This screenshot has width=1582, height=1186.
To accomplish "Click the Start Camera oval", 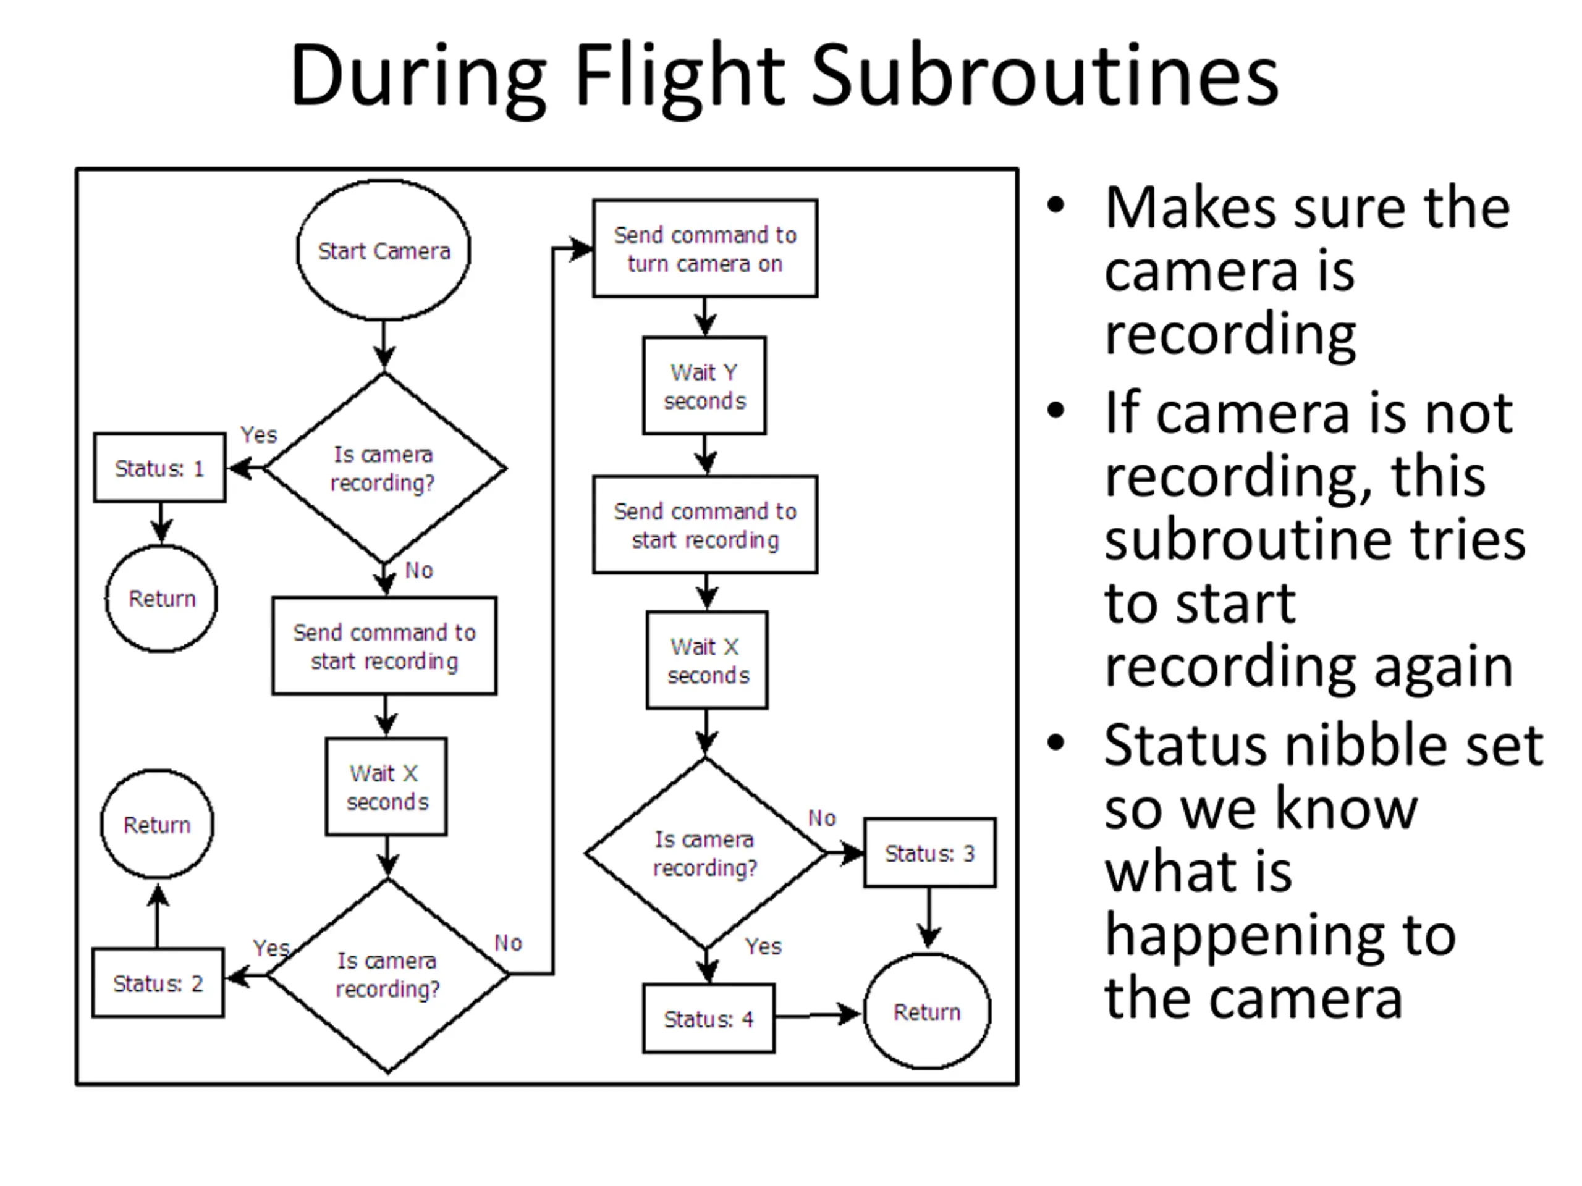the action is coord(383,250).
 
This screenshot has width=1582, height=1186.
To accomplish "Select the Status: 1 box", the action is coord(159,468).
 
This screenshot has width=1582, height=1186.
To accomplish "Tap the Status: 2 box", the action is coord(158,983).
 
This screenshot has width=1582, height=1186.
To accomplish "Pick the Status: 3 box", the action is coord(930,853).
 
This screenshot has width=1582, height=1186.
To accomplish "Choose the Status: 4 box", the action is coord(709,1018).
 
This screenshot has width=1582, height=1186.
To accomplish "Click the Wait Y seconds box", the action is coord(704,386).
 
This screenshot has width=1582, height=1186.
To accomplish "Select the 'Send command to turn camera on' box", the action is coord(705,249).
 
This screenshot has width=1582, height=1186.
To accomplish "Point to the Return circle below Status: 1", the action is coord(162,599).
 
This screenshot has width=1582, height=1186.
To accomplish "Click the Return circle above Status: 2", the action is coord(158,824).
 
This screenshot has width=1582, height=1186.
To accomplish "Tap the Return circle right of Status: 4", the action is coord(928,1012).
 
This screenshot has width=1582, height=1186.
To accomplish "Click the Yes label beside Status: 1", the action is coord(259,435).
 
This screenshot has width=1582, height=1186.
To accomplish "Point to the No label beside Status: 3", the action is coord(823,818).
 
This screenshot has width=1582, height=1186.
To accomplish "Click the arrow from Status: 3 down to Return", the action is coord(929,919).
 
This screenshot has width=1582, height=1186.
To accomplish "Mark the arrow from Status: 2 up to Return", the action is coord(158,916).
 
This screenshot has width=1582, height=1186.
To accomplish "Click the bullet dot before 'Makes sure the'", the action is coord(1055,206).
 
